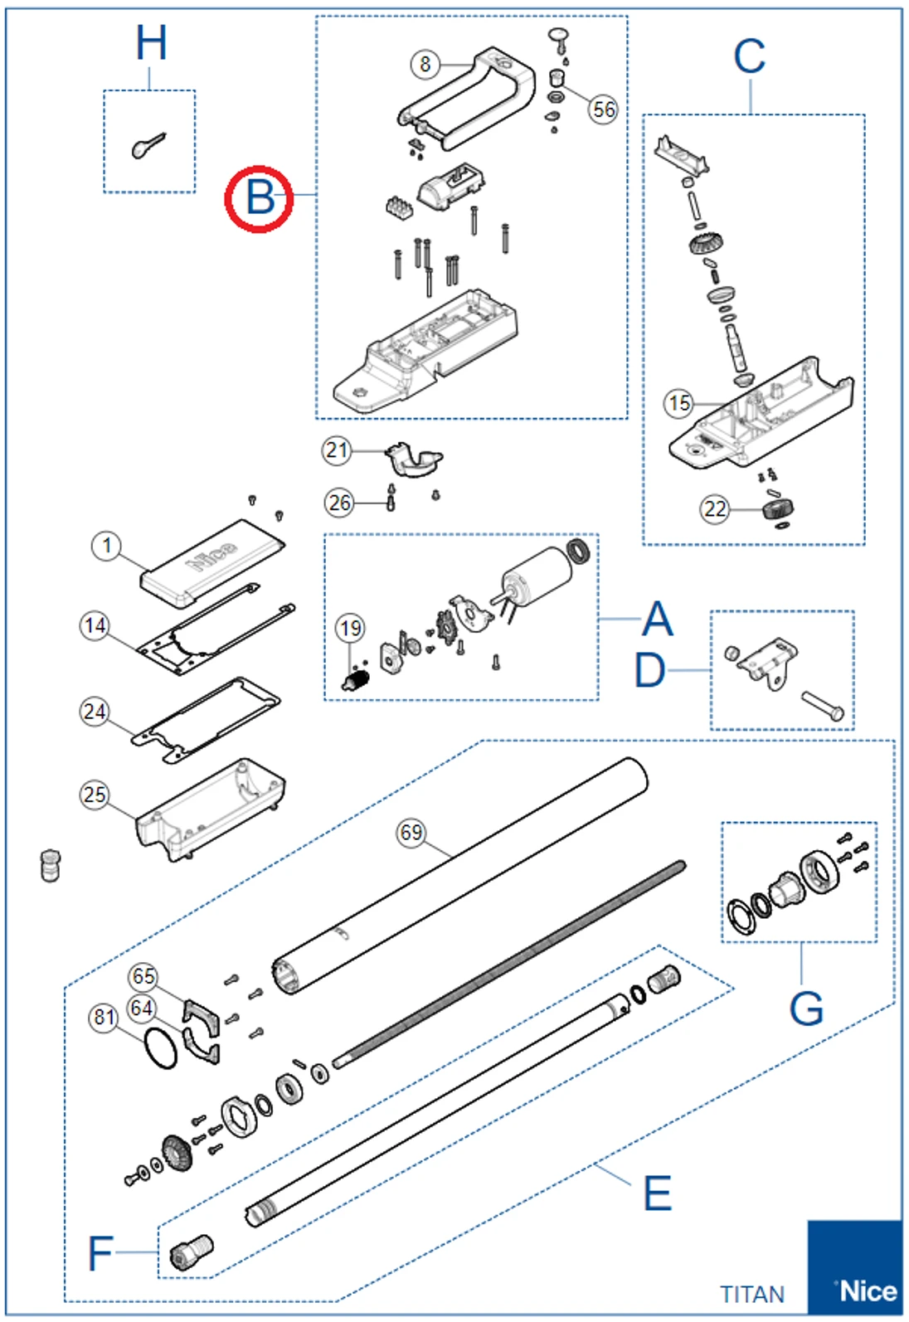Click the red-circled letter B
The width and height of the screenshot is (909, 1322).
coord(260,198)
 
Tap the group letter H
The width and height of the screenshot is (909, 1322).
coord(151,43)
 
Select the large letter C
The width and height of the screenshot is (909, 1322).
coord(749,57)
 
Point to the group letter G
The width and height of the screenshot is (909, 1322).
coord(805,1008)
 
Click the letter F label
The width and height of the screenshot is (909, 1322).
coord(100,1252)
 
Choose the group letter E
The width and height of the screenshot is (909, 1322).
coord(657,1193)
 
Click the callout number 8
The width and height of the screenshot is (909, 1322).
coord(425,64)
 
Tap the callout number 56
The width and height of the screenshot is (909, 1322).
coord(604,109)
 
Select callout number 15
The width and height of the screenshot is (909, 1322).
coord(679,403)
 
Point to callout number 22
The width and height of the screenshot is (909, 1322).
coord(715,508)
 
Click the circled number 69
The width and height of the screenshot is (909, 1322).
coord(411,832)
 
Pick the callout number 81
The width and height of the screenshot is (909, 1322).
coord(104,1017)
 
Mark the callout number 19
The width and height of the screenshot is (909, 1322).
coord(350,628)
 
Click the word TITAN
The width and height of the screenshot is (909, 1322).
coord(751,1294)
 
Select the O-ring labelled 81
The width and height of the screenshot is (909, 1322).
coord(160,1048)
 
